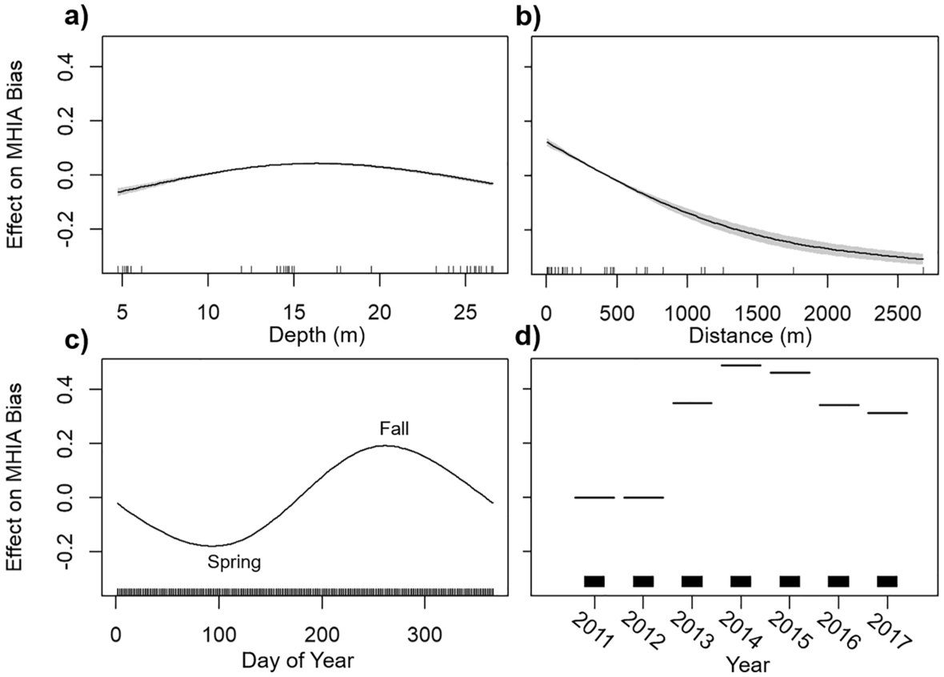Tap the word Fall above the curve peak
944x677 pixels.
click(393, 430)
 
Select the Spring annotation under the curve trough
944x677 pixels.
click(234, 563)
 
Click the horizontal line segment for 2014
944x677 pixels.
click(741, 365)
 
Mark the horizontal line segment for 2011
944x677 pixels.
click(594, 497)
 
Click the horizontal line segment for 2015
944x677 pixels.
click(790, 372)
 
